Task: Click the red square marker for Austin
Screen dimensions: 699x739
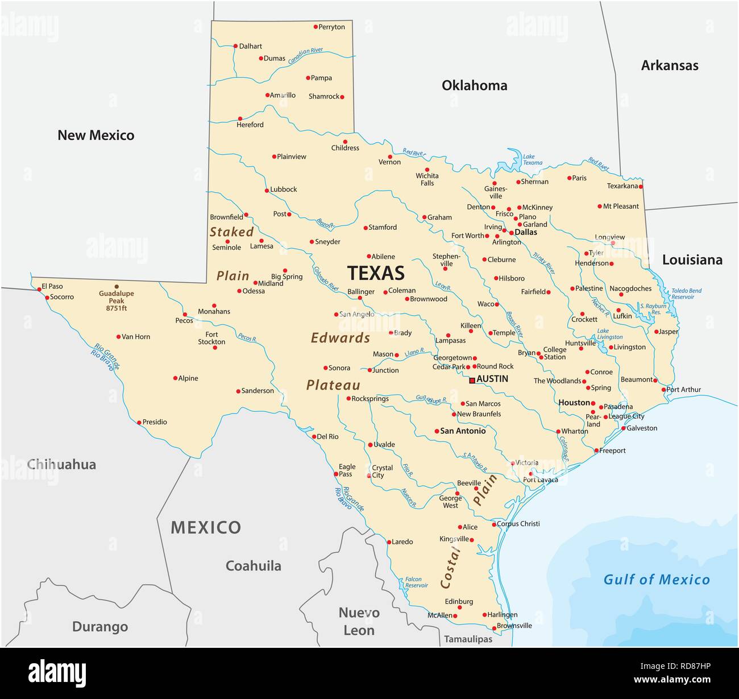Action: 472,380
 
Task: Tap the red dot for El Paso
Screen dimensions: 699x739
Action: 39,289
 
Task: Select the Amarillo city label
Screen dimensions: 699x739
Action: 283,96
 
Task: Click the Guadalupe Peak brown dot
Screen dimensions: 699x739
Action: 117,287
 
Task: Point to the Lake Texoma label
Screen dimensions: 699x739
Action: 532,159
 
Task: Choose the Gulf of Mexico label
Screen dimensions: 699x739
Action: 657,580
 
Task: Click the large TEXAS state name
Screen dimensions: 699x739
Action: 376,273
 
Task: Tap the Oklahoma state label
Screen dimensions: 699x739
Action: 474,85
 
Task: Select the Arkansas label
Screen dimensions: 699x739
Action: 670,65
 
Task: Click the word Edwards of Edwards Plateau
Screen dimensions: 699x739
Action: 340,338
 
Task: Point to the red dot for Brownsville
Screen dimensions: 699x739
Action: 493,628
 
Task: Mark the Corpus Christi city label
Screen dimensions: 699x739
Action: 518,524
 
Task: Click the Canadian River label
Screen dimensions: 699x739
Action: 305,55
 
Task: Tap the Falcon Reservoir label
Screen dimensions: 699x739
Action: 417,582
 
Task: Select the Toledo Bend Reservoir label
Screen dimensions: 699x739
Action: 686,293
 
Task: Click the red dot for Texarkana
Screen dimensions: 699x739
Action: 641,187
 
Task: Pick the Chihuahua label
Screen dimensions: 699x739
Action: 61,465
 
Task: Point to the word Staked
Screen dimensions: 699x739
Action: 231,232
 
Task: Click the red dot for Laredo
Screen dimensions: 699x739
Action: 389,542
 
